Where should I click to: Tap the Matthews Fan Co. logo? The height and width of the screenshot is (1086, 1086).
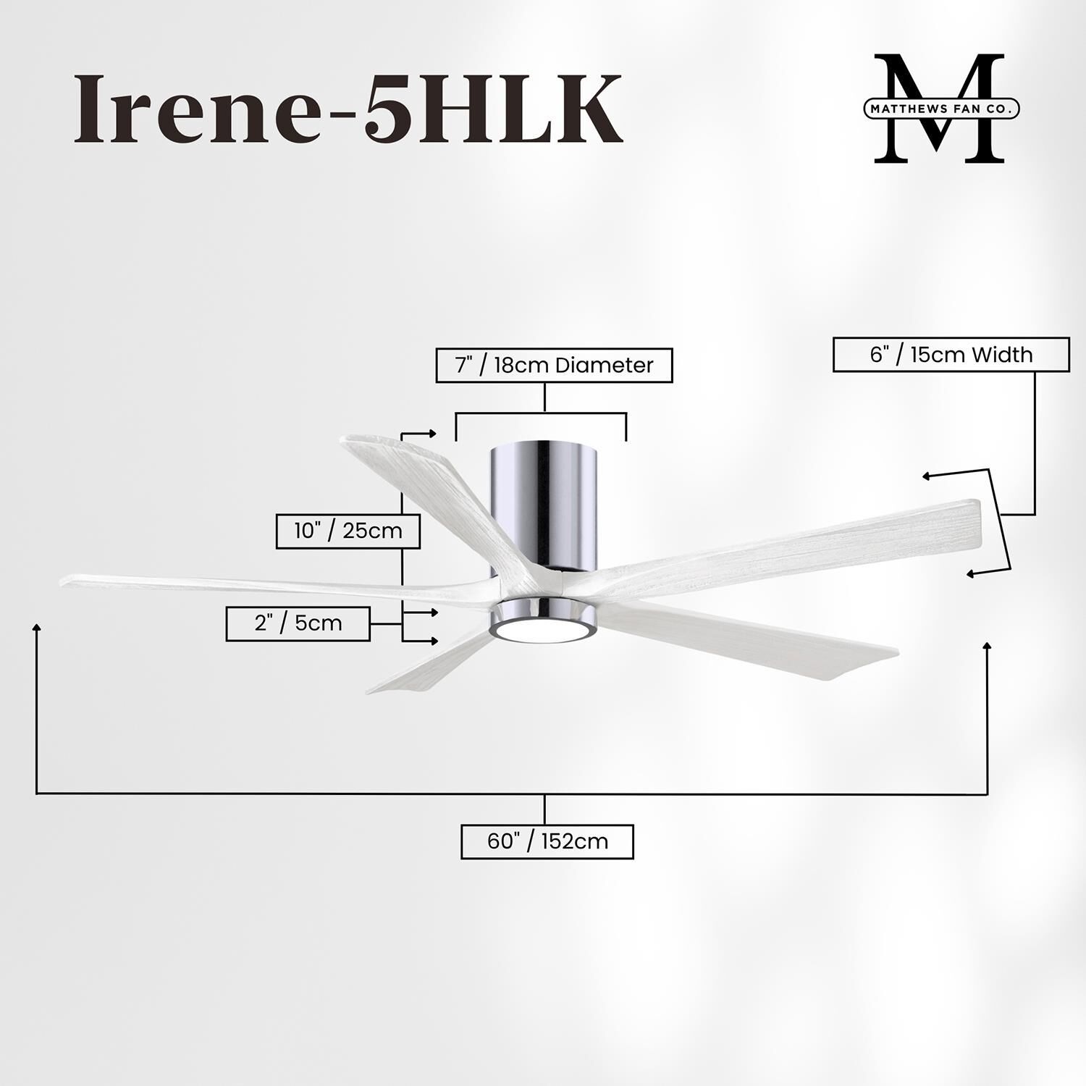coord(941,109)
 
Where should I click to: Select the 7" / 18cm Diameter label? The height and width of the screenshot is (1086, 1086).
coord(554,365)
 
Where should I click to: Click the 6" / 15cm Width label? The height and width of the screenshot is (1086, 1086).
coord(951,355)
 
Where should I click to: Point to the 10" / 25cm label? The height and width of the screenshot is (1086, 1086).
coord(348,531)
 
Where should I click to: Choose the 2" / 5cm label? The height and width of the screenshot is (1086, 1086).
coord(298,623)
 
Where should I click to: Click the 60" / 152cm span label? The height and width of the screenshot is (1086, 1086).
coord(547,841)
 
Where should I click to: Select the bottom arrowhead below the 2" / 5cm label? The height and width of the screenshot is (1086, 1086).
coord(434,641)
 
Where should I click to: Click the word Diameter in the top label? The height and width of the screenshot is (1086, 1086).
coord(604,365)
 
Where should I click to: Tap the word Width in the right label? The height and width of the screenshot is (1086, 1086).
coord(1001,355)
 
